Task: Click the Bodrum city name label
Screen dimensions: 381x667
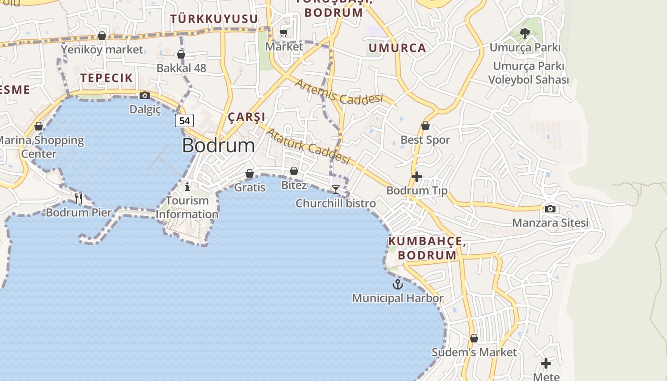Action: [x=218, y=146]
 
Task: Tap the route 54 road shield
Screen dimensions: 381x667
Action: [x=184, y=120]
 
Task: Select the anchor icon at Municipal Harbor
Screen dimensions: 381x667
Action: [x=397, y=284]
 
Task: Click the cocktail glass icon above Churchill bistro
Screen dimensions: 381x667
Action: [x=336, y=190]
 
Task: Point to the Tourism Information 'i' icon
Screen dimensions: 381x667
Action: [x=187, y=186]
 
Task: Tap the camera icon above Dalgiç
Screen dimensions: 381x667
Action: [x=145, y=95]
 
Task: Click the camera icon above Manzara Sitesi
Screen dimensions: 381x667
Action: [x=550, y=209]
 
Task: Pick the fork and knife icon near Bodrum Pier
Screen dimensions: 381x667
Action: [x=79, y=198]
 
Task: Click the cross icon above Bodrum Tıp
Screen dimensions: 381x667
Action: [x=417, y=177]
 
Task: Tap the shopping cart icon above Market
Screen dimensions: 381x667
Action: [x=284, y=32]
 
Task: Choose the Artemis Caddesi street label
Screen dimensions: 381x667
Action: [x=339, y=91]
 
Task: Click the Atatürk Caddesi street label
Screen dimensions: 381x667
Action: [x=308, y=146]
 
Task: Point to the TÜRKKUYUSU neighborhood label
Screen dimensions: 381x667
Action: [x=214, y=19]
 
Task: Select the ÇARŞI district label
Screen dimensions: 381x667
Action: [x=246, y=117]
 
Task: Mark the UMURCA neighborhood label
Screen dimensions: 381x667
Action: [x=397, y=48]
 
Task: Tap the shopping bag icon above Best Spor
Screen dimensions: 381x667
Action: [x=425, y=126]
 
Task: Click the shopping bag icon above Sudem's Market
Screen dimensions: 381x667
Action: [x=474, y=338]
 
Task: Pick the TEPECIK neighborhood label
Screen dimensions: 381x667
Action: [x=106, y=78]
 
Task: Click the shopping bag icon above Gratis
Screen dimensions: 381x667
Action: [x=250, y=173]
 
